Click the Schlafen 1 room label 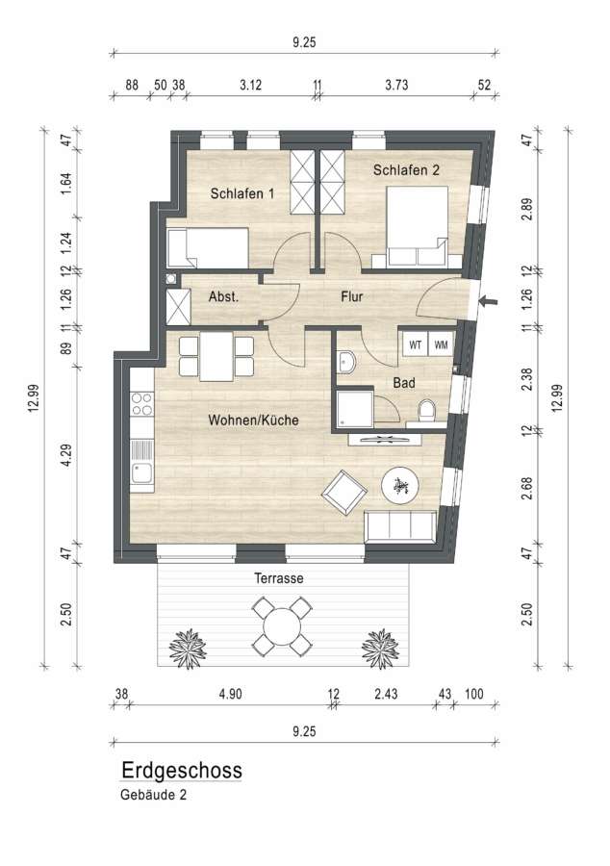pos(242,193)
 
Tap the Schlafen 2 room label pos(406,170)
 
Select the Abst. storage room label pos(223,296)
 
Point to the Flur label pos(351,296)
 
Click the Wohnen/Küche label pos(253,420)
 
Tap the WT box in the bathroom pos(415,345)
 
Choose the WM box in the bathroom pos(441,345)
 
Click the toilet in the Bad pos(427,410)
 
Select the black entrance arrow pos(488,301)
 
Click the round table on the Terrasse pos(282,626)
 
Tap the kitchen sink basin pos(141,473)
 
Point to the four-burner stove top pos(141,404)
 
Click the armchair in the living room pos(344,492)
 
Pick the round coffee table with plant pos(400,486)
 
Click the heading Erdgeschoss pos(182,771)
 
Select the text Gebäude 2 pos(154,796)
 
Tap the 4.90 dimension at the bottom pos(230,694)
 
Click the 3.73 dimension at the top pos(396,85)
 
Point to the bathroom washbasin pos(346,363)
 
